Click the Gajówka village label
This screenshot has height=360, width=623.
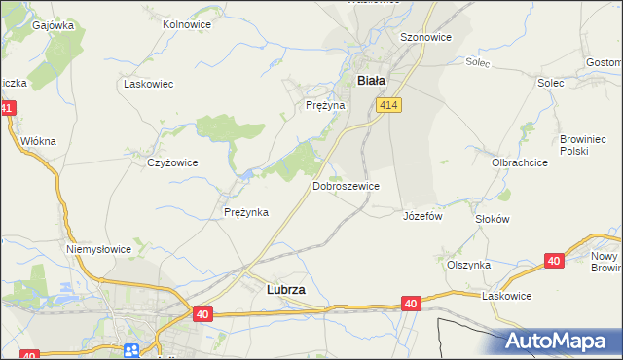[x=53, y=25]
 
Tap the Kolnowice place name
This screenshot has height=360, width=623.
[x=188, y=23]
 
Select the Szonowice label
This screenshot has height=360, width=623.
[x=425, y=37]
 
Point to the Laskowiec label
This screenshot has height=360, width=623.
[x=148, y=84]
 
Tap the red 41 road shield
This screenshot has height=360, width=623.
[x=8, y=109]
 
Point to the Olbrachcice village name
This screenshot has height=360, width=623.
[x=519, y=162]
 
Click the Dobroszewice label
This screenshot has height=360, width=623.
[x=346, y=185]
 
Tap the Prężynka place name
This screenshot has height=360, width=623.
[x=245, y=212]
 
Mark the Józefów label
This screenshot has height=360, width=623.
[x=422, y=216]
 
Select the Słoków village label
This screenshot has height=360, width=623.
[x=492, y=219]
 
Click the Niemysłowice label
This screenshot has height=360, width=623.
[x=98, y=249]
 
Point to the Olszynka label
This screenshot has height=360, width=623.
[x=468, y=265]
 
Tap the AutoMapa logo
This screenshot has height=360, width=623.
[x=559, y=342]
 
